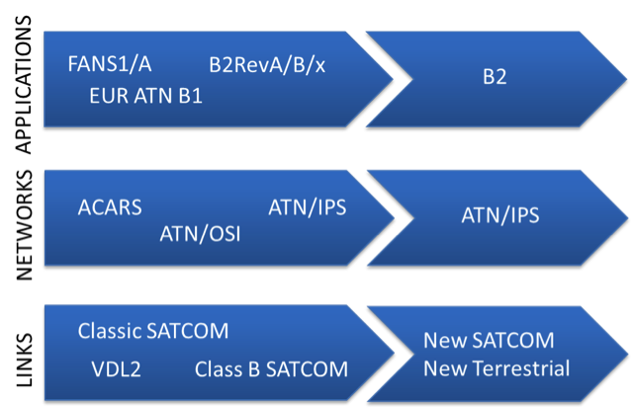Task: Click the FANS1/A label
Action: click(110, 65)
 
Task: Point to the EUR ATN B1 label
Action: click(145, 97)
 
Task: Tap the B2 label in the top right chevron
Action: click(495, 76)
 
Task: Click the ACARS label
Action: click(110, 207)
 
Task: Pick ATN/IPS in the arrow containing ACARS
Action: click(307, 207)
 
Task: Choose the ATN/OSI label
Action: click(200, 234)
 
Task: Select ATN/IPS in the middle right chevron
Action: click(500, 214)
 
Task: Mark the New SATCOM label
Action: click(489, 341)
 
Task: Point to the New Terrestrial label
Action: click(497, 369)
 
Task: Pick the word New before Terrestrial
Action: click(442, 369)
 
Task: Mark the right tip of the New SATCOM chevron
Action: click(624, 353)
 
